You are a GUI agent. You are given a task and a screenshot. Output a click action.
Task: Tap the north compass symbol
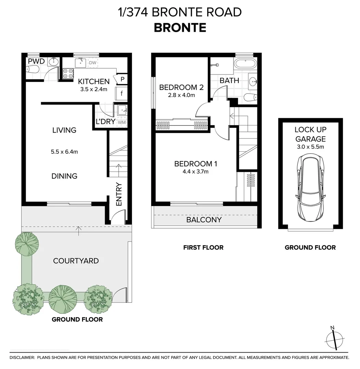334,339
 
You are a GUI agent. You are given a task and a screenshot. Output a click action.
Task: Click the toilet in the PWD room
33,70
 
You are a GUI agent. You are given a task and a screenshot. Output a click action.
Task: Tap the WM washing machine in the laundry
121,122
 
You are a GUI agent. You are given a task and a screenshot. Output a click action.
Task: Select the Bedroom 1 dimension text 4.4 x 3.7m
196,172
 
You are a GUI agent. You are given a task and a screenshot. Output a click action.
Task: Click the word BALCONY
204,220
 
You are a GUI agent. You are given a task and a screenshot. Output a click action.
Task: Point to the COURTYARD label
76,261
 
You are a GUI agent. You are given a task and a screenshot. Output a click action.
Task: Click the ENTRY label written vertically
119,194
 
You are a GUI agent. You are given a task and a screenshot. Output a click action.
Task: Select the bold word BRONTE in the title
180,27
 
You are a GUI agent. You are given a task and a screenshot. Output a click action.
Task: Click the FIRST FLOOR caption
203,247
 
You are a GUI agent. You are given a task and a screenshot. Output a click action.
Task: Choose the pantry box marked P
122,79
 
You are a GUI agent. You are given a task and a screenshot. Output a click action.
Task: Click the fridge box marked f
121,93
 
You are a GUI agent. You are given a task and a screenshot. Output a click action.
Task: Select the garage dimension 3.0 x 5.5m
310,147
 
